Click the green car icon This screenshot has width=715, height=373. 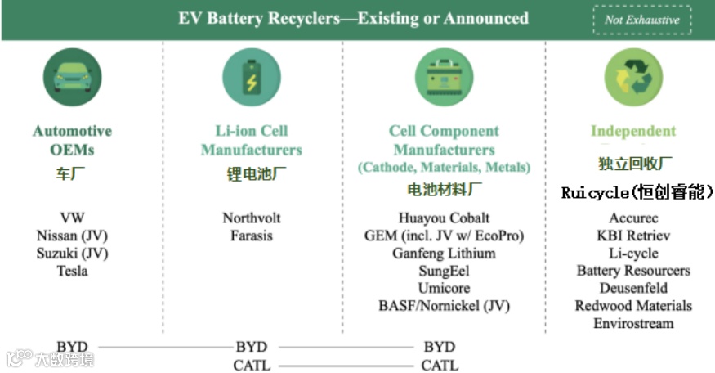73,78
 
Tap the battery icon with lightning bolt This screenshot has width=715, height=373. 252,78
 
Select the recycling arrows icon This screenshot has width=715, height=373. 633,78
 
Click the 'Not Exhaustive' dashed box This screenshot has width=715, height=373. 642,20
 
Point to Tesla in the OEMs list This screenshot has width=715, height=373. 72,271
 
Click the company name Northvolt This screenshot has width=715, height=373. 252,218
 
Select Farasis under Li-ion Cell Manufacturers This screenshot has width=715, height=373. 252,236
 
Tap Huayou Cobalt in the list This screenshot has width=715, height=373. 445,218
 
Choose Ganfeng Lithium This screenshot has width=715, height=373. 444,253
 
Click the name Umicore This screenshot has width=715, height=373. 444,288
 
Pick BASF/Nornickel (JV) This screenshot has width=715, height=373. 444,306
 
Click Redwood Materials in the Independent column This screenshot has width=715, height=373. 633,306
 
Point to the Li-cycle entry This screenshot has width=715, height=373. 633,253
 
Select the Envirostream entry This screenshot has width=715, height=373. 633,323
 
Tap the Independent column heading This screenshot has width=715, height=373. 633,131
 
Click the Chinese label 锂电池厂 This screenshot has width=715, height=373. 252,174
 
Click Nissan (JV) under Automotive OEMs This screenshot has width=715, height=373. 72,236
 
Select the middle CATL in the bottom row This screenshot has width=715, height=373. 252,365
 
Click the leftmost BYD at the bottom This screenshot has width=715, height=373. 72,347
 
